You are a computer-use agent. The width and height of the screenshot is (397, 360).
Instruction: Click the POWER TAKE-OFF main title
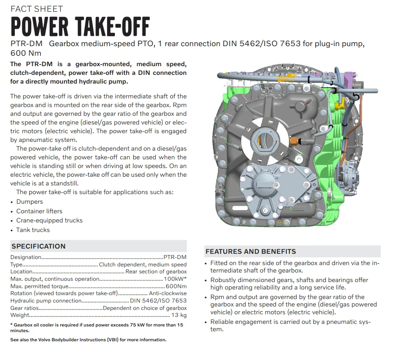[x=80, y=27]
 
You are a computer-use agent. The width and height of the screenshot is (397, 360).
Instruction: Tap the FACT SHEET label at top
[x=37, y=9]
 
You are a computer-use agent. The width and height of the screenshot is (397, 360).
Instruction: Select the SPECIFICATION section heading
[x=38, y=246]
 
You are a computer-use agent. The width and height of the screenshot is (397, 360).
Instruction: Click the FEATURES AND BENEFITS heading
[x=250, y=252]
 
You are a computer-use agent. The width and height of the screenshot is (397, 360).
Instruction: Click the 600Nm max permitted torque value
[x=176, y=286]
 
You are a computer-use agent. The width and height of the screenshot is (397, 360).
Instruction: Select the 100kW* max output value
[x=175, y=279]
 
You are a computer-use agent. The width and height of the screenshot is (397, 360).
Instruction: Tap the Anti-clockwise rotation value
[x=168, y=293]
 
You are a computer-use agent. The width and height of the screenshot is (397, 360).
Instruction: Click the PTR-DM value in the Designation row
[x=175, y=257]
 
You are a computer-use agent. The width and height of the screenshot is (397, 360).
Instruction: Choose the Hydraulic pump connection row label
[x=46, y=301]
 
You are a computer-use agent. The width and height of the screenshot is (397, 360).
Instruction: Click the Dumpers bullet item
[x=30, y=202]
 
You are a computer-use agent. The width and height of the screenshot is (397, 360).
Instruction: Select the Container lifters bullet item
[x=39, y=211]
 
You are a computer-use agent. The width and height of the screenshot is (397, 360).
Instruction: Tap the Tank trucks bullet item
[x=33, y=230]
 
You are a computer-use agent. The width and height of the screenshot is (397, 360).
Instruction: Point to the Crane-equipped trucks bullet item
[x=49, y=220]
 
